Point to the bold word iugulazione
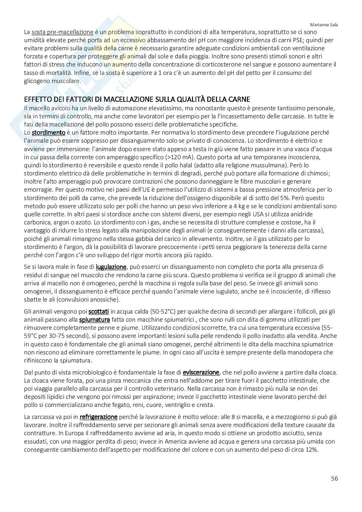point(111,267)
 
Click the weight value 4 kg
point(235,206)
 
